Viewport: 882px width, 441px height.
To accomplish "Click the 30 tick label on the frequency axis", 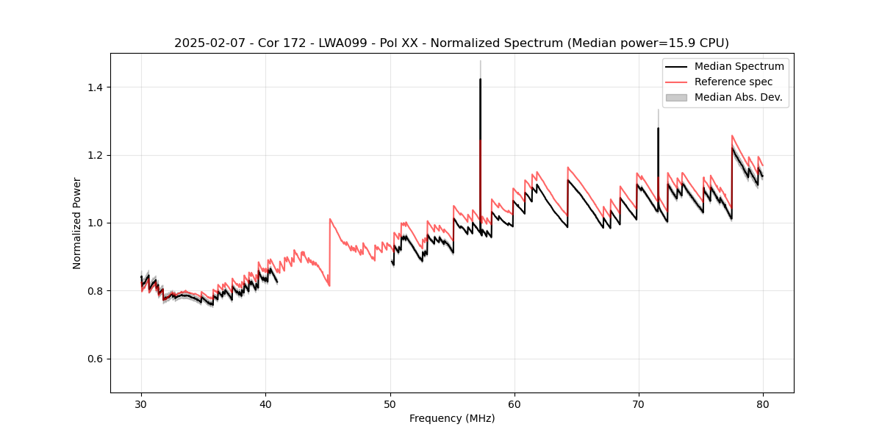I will point(141,404).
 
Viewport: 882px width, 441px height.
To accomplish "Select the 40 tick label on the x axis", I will point(265,404).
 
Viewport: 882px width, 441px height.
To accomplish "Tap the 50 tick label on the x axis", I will point(390,404).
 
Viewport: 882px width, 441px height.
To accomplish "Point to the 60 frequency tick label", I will point(514,404).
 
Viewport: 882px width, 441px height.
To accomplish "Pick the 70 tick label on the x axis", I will point(639,404).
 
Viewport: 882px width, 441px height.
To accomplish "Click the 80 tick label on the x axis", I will point(763,404).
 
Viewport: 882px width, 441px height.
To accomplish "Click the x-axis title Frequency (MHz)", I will point(452,418).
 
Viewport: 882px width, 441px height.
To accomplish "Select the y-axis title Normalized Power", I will point(76,223).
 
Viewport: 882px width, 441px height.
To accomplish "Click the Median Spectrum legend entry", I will point(739,66).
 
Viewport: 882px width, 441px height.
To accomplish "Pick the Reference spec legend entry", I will point(733,82).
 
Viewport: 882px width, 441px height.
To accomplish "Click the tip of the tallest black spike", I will point(480,79).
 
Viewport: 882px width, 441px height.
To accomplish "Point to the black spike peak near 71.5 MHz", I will point(658,129).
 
